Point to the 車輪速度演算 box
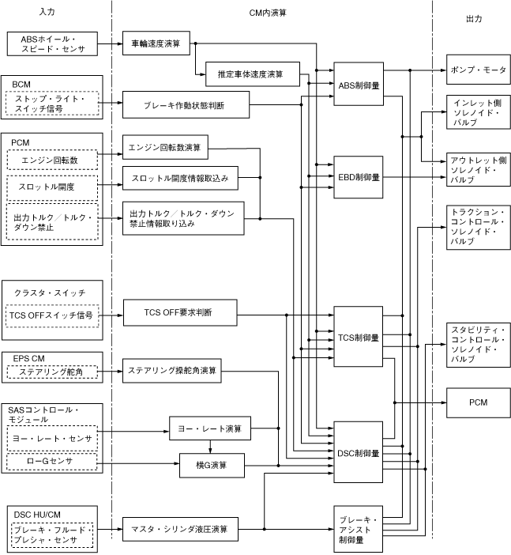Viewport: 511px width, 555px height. tap(156, 43)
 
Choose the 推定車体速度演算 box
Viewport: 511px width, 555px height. tap(252, 74)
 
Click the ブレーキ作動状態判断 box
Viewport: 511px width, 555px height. tap(186, 105)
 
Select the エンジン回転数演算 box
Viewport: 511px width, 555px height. tap(165, 146)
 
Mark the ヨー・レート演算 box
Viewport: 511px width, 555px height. tap(209, 429)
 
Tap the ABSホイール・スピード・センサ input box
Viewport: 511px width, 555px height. tap(53, 43)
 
